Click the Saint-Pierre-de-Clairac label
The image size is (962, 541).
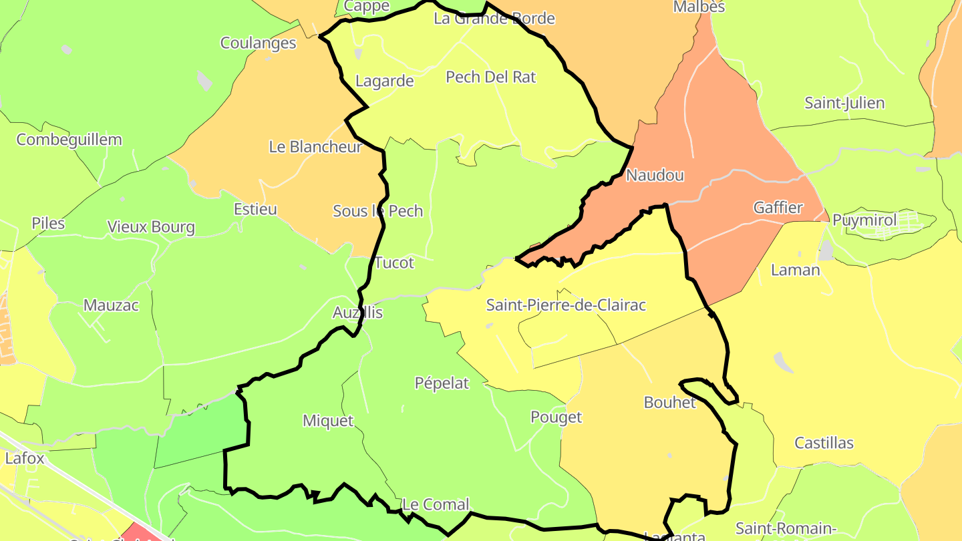pos(566,305)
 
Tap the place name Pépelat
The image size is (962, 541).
pos(442,383)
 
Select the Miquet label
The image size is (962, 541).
pos(328,421)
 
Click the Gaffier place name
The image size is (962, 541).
pos(778,208)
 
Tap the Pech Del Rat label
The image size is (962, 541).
pos(490,77)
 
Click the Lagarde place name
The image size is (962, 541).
pos(385,81)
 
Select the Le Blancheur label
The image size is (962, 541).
pos(315,147)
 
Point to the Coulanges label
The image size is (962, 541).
pos(259,43)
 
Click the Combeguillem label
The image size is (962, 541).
pos(69,140)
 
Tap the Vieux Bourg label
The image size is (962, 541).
pos(151,227)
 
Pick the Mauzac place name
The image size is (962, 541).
pos(111,305)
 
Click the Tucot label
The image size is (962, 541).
pos(394,262)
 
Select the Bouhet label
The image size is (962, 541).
pos(669,402)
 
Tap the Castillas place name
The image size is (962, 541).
pos(824,443)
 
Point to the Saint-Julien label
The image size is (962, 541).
pos(844,103)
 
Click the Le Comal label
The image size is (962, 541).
pos(436,504)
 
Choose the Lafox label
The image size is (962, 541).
pos(25,459)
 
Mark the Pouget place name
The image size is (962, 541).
pos(556,417)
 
